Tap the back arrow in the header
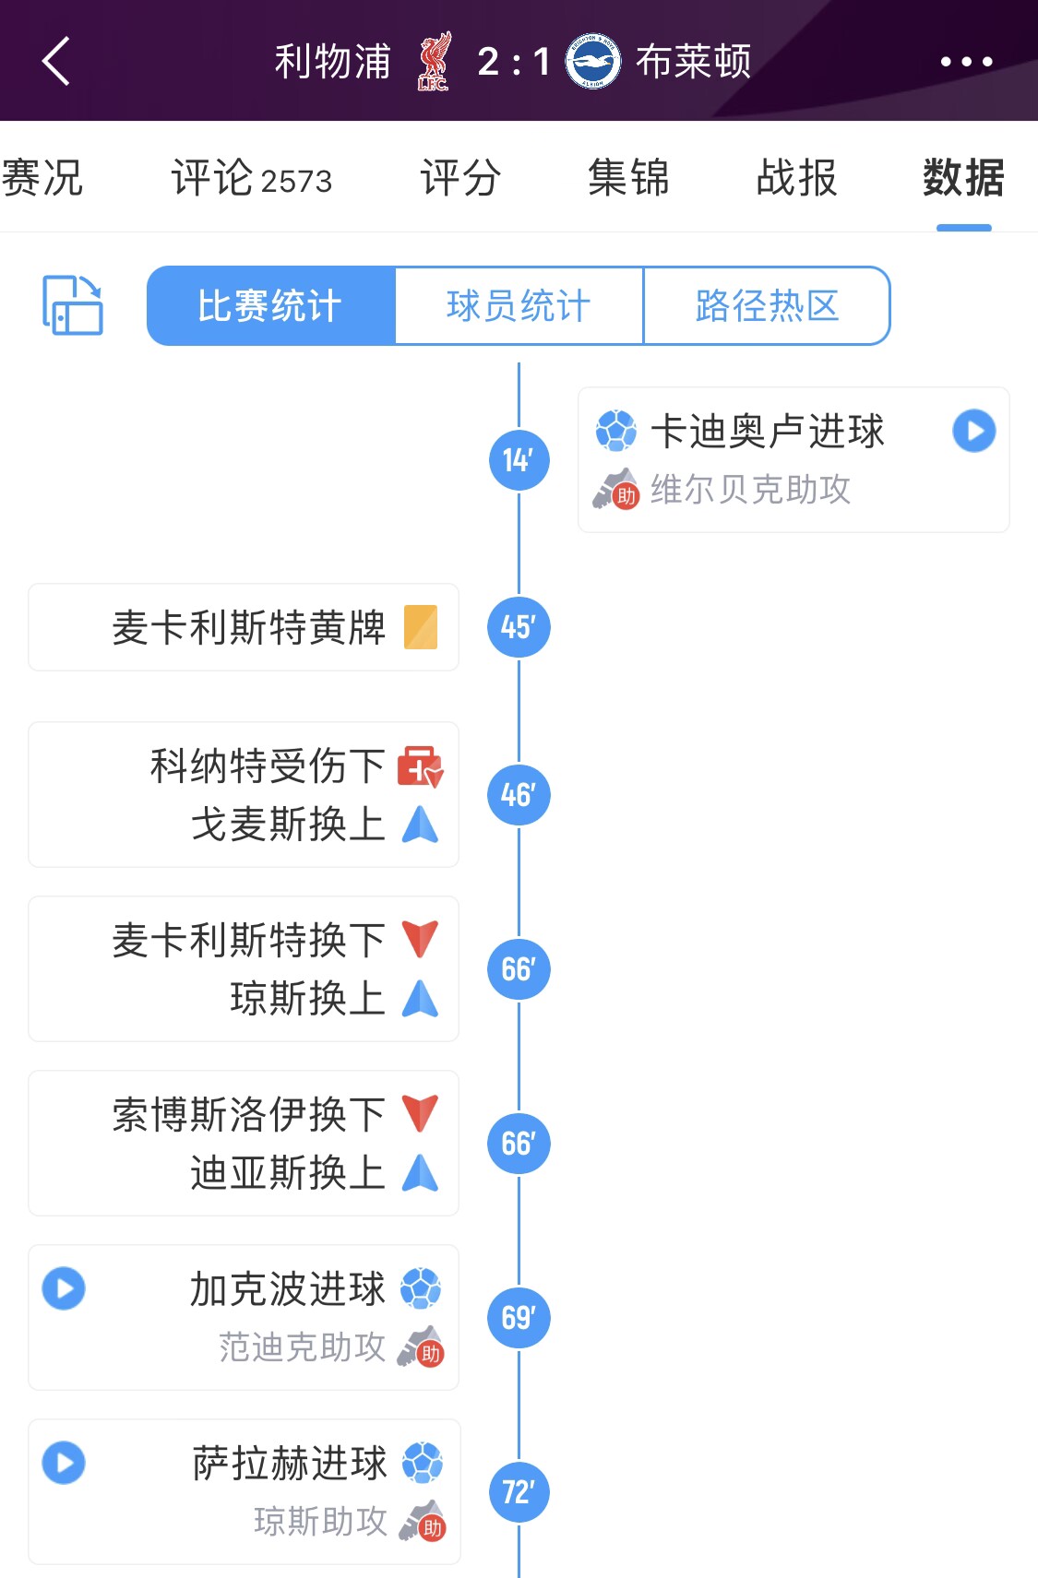[x=56, y=62]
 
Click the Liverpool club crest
[x=434, y=62]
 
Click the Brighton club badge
[x=592, y=62]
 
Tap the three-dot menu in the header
[x=966, y=62]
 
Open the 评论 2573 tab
[x=251, y=178]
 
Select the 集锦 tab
[x=628, y=178]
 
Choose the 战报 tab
[x=796, y=178]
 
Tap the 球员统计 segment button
[x=519, y=306]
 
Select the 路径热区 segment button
[x=767, y=306]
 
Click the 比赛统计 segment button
[x=270, y=306]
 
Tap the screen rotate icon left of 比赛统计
[x=72, y=305]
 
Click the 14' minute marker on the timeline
[x=519, y=460]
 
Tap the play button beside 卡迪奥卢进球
[x=974, y=431]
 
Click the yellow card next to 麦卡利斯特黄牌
[x=421, y=627]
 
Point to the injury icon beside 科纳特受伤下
[x=420, y=766]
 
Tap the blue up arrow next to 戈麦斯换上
[x=420, y=825]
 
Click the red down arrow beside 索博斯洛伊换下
[x=420, y=1113]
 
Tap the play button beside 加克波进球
[x=64, y=1288]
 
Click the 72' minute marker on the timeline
[x=519, y=1491]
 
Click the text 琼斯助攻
[x=320, y=1522]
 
